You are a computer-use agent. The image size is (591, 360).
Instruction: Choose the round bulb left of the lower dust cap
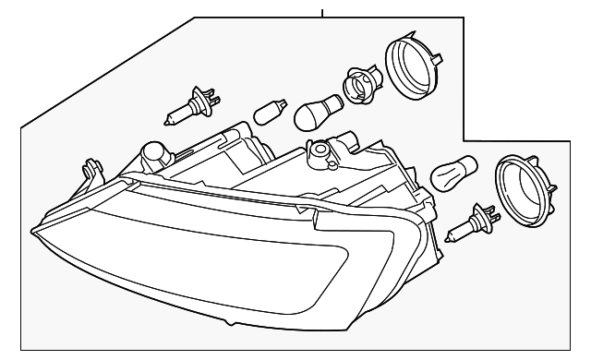pyautogui.click(x=453, y=174)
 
